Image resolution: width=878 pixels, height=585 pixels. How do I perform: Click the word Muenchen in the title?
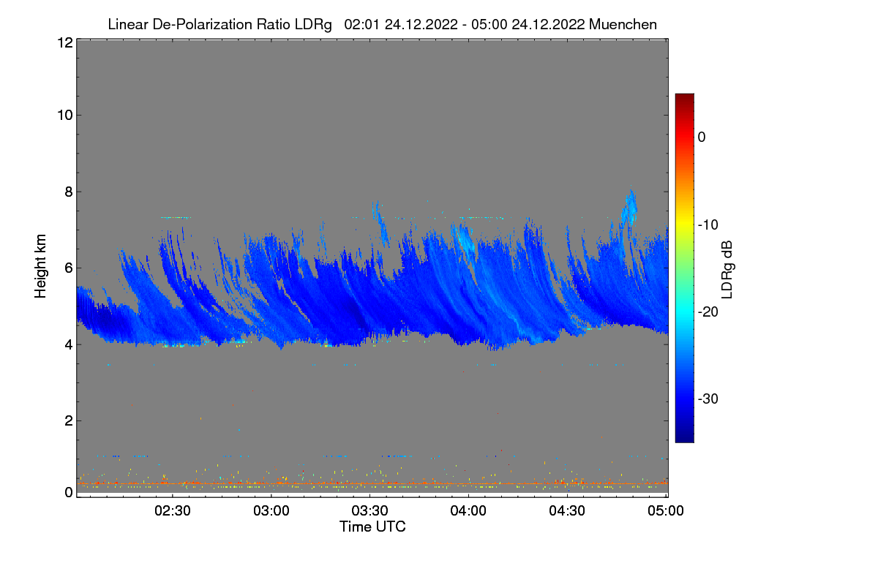(x=623, y=24)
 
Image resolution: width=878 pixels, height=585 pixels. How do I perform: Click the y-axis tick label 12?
(x=64, y=42)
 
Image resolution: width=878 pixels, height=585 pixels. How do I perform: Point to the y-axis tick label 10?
(x=64, y=115)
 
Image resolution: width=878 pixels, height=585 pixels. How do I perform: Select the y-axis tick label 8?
(x=68, y=192)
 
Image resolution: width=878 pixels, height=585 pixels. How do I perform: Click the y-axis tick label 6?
(x=68, y=268)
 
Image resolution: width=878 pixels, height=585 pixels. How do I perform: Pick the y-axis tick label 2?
(x=68, y=420)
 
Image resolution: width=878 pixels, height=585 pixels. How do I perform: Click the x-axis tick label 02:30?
(x=173, y=511)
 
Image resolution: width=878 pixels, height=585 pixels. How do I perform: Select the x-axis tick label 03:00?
(x=271, y=511)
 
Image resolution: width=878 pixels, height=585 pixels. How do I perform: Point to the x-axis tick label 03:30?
(x=370, y=511)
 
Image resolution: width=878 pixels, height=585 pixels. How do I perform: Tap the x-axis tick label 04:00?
(x=468, y=511)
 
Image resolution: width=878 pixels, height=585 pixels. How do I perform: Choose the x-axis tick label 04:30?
(x=567, y=511)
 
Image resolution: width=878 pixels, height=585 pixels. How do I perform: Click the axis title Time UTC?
(x=372, y=526)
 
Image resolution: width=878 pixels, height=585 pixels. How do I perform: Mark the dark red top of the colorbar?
(x=684, y=97)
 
